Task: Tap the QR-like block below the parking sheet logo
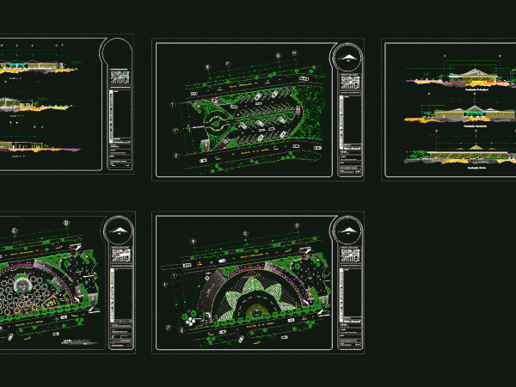(349, 83)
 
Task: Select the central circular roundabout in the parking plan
(212, 123)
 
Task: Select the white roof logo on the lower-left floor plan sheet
(120, 230)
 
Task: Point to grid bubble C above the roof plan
(245, 231)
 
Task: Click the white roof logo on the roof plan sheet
(349, 230)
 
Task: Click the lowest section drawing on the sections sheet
(43, 146)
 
